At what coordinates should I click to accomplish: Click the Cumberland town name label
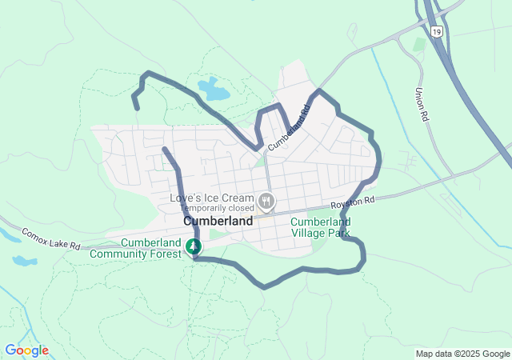click(218, 221)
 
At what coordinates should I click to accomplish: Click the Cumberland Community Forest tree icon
click(193, 246)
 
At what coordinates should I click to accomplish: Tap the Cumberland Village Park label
click(320, 227)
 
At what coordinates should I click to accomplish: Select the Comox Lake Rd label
click(51, 238)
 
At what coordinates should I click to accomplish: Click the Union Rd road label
click(422, 104)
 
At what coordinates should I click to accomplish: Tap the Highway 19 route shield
click(435, 31)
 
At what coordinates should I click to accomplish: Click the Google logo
click(26, 350)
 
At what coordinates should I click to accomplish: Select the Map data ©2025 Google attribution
click(462, 354)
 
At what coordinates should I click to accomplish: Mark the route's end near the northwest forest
click(136, 106)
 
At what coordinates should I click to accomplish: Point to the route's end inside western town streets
click(164, 149)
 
